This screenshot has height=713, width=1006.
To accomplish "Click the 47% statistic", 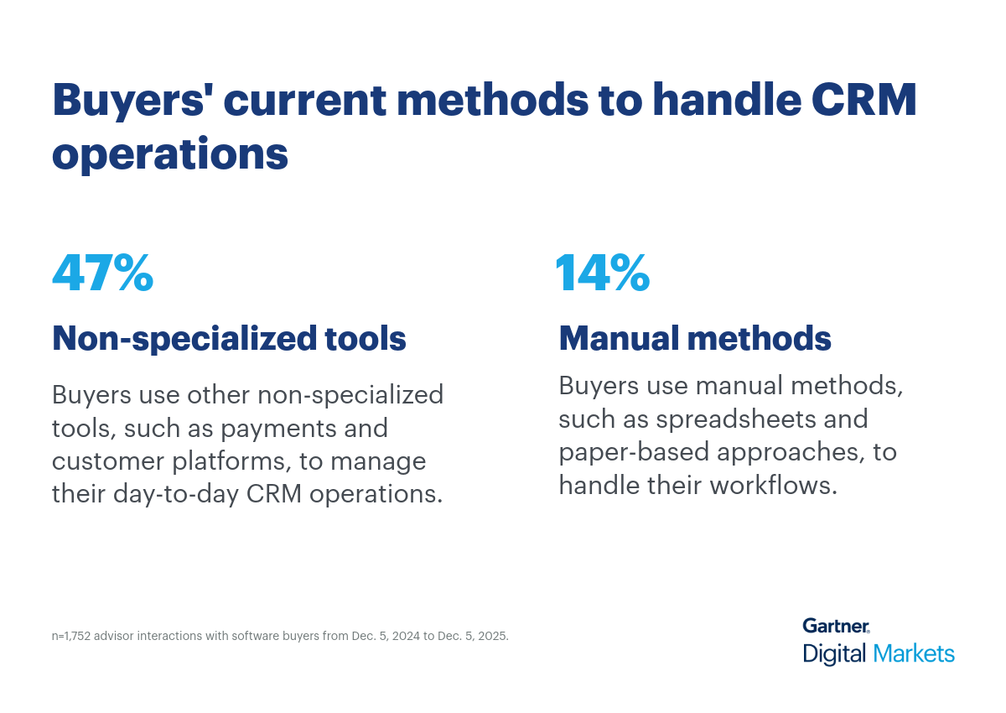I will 102,273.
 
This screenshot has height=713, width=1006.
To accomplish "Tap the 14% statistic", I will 602,273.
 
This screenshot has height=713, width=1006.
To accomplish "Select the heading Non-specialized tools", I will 229,339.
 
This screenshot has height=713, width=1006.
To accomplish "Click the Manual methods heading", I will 695,339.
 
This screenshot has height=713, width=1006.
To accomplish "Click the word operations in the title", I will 170,155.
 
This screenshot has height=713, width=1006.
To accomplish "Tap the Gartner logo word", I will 836,626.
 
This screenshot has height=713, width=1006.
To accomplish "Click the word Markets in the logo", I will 914,653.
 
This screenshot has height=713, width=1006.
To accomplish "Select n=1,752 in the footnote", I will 71,636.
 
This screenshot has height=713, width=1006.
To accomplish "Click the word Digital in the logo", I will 835,653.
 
